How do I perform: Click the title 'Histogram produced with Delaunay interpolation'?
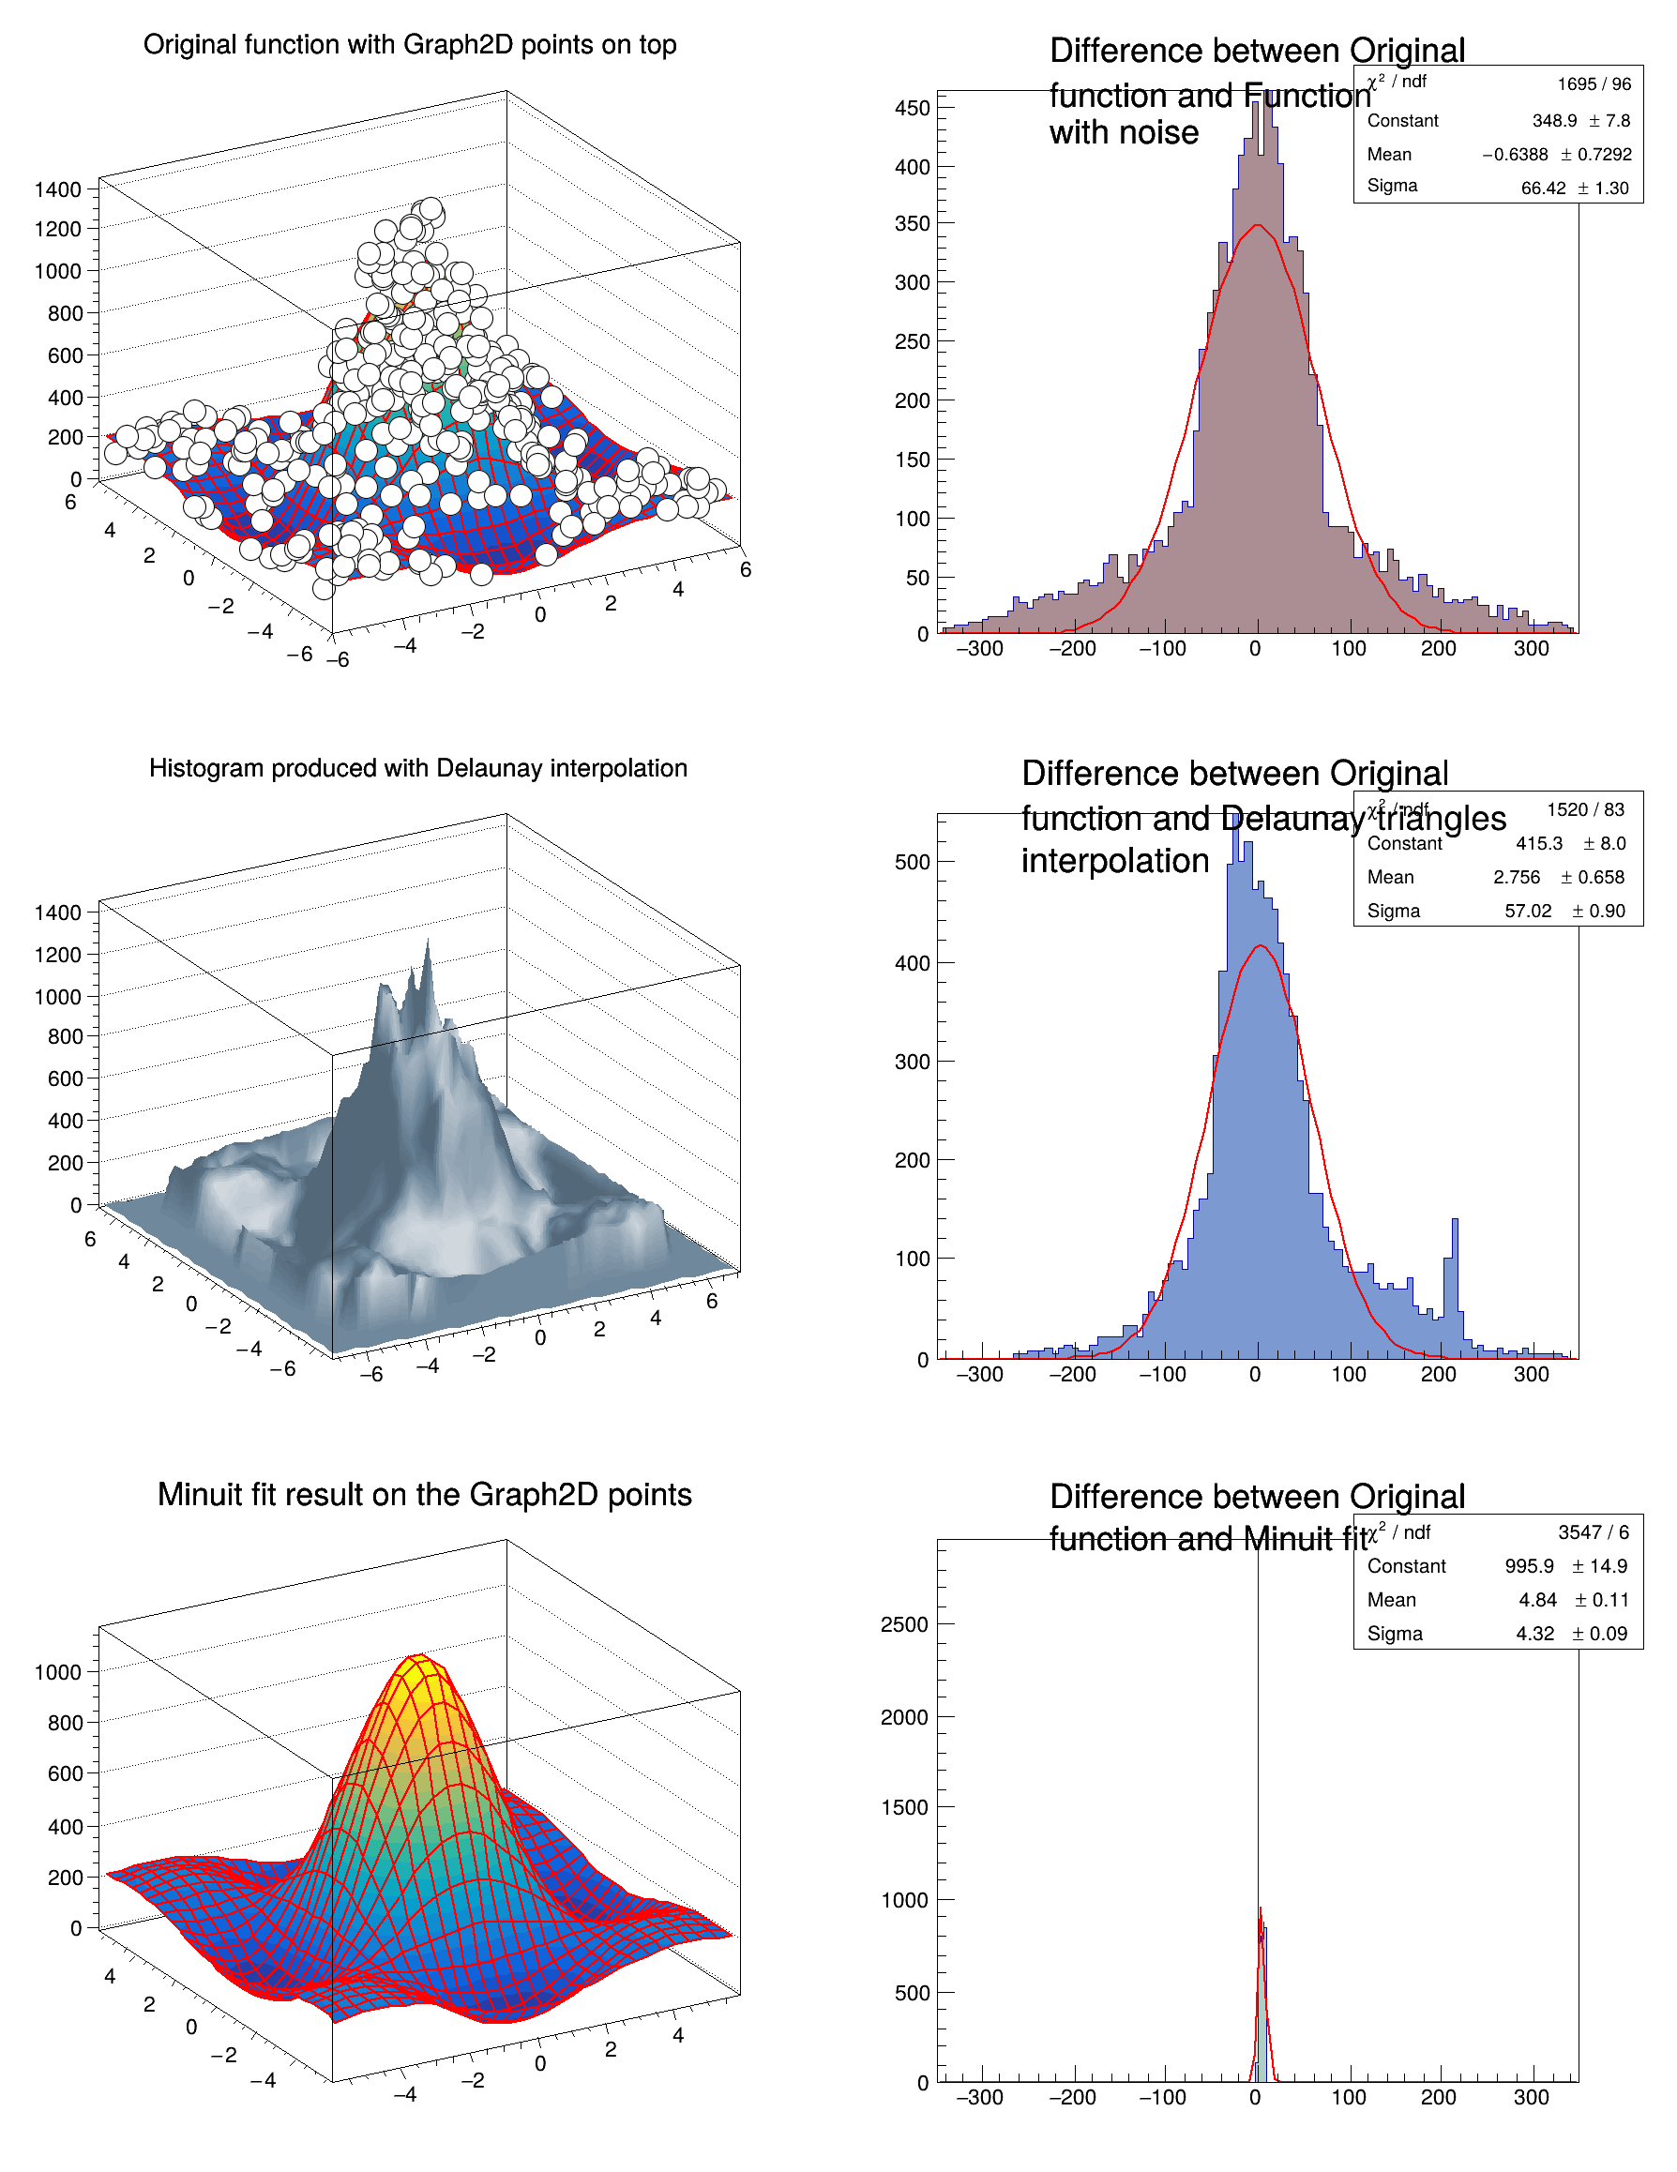(417, 768)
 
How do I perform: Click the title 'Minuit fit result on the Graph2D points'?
(424, 1494)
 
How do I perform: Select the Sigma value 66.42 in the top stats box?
(1543, 188)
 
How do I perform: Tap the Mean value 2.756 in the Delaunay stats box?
(1516, 877)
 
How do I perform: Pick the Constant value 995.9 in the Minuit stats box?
(1529, 1566)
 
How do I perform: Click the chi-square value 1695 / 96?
(1594, 84)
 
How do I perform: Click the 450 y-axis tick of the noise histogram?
(911, 109)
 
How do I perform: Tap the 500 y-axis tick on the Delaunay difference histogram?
(911, 862)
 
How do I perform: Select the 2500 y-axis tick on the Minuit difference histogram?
(904, 1625)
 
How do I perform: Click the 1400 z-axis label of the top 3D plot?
(58, 189)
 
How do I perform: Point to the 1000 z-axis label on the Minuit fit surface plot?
(58, 1672)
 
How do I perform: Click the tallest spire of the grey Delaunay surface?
(428, 944)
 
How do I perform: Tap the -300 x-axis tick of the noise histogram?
(980, 649)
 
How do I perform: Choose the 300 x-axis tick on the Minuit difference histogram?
(1531, 2097)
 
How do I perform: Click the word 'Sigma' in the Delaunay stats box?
(1393, 911)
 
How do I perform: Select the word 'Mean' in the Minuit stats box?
(1391, 1600)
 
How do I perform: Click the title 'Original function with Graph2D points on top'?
(410, 45)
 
